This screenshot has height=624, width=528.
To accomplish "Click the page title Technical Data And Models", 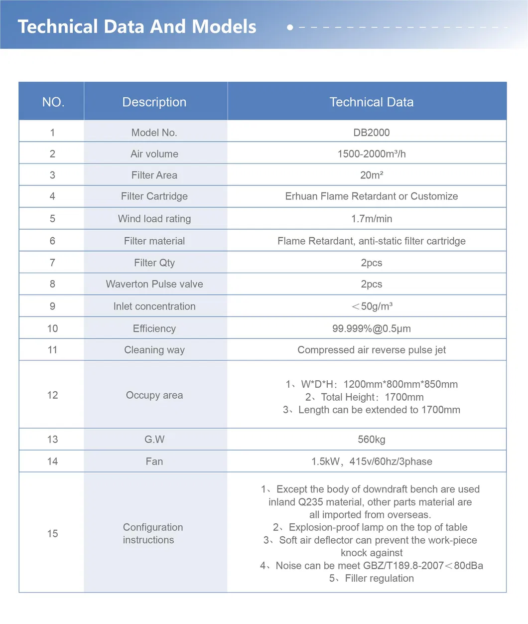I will (x=137, y=27).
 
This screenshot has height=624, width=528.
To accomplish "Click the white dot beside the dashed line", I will (x=290, y=27).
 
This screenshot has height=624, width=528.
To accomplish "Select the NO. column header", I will (x=53, y=102).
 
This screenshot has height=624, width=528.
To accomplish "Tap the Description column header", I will (x=154, y=102).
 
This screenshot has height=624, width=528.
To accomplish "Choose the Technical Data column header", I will (x=372, y=102).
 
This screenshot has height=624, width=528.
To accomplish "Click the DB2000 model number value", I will (x=372, y=133).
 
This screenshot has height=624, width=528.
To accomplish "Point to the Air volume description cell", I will (x=154, y=154).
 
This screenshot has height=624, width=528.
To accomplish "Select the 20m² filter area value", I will (x=372, y=175).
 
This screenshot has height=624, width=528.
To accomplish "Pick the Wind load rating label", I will (x=154, y=219).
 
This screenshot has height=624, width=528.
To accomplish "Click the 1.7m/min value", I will (x=372, y=219).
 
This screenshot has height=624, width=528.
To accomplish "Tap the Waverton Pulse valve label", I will (x=154, y=284).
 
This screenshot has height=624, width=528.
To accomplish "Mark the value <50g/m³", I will (x=372, y=307).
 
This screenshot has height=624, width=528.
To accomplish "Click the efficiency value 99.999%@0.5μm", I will (x=372, y=328).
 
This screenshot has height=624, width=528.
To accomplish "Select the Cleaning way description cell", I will (x=154, y=350).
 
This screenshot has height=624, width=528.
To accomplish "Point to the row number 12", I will (x=52, y=395).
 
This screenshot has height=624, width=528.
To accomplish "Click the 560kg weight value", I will (x=372, y=440).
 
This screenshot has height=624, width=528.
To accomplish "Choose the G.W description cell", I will (x=154, y=440).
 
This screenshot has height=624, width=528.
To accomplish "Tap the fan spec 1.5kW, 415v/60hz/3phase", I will (x=372, y=462).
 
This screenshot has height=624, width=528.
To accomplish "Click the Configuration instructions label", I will (x=153, y=533).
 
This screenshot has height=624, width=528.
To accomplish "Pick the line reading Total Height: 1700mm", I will (x=365, y=397).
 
